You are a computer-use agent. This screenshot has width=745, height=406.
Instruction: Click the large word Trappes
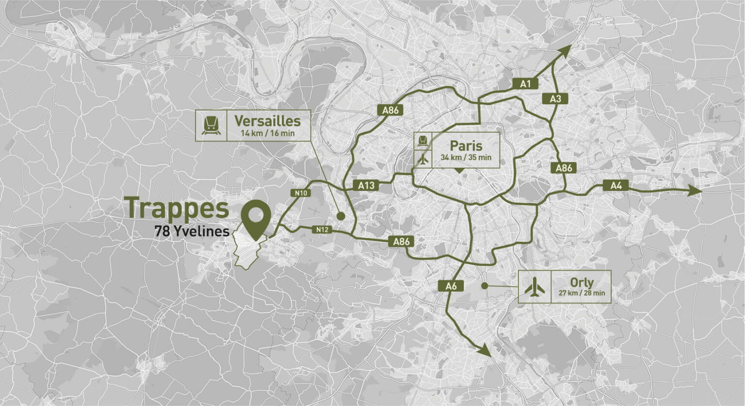tap(177, 208)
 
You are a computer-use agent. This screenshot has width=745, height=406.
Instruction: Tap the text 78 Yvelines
tap(192, 232)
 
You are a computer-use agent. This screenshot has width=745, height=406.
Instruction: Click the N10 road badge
tap(301, 193)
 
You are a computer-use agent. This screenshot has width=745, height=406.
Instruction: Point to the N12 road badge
tap(321, 230)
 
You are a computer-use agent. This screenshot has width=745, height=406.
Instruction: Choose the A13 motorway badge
tap(366, 185)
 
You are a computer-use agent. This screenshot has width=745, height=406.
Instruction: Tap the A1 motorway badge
tap(525, 84)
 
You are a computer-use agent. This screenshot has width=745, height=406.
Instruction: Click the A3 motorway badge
tap(555, 99)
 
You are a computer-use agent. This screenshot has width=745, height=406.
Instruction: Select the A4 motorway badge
tap(615, 185)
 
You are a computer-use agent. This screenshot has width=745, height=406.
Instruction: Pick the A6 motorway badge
tap(451, 286)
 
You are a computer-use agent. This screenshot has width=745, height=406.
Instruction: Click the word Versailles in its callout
tap(267, 121)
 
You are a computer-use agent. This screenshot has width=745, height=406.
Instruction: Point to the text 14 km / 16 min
tap(268, 133)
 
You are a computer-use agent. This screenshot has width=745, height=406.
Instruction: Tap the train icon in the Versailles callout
tap(211, 125)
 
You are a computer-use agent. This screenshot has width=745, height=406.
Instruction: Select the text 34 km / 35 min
tap(466, 157)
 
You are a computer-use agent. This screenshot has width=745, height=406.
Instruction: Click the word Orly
tap(582, 282)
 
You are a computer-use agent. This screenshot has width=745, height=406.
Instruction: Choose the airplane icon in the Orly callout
tap(535, 287)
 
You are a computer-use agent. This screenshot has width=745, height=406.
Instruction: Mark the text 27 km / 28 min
tap(582, 293)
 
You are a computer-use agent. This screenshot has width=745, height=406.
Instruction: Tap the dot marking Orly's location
tap(484, 286)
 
